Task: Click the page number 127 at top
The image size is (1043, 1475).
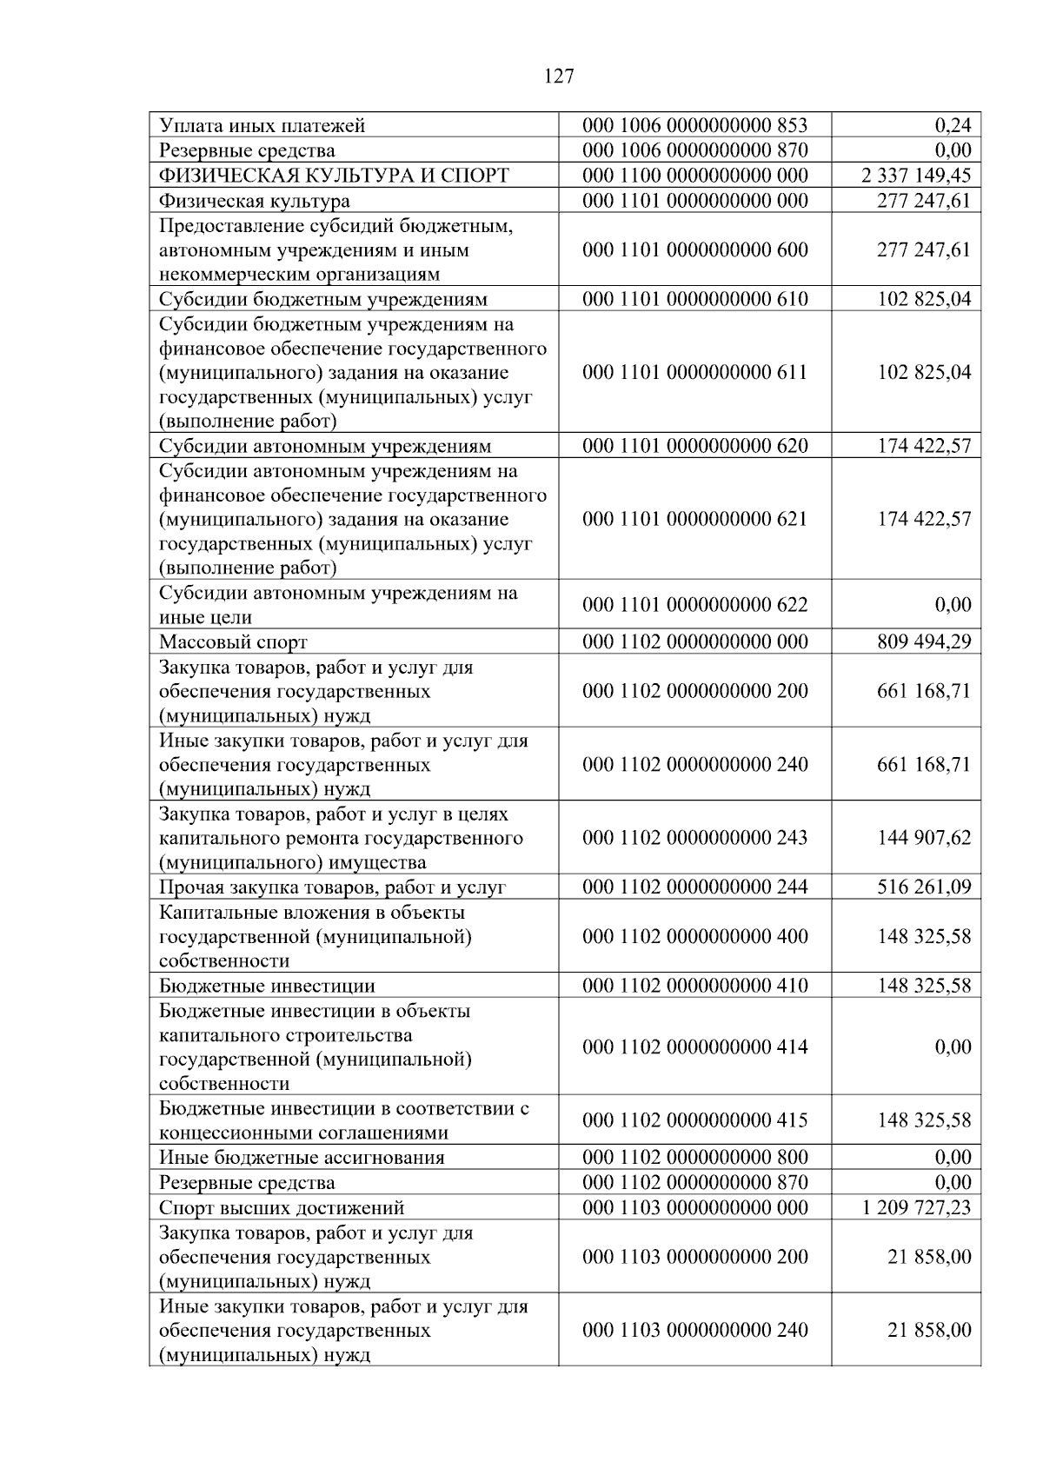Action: (x=559, y=76)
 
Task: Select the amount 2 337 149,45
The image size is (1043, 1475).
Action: (x=916, y=176)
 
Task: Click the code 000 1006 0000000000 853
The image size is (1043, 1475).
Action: (x=694, y=125)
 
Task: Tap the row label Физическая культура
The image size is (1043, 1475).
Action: (x=255, y=201)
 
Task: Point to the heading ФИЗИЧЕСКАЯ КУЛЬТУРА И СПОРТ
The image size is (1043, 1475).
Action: (x=334, y=176)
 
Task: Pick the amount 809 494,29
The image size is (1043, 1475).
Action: (x=924, y=641)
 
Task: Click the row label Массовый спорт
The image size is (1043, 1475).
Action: (x=233, y=642)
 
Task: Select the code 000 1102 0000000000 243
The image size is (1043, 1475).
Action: (x=694, y=837)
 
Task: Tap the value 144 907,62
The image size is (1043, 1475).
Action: (x=924, y=837)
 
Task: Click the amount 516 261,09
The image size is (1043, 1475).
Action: (x=924, y=887)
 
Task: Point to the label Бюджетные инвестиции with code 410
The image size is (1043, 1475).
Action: (x=267, y=986)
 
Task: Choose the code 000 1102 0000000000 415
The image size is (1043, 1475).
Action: (x=694, y=1120)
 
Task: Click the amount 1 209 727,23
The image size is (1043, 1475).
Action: (x=916, y=1207)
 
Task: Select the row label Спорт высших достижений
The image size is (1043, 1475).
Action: (x=282, y=1208)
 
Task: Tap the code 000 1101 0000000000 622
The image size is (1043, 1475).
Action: (x=694, y=604)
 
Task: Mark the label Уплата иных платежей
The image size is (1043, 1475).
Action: (x=262, y=126)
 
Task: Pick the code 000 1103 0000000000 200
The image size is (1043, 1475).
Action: (x=694, y=1256)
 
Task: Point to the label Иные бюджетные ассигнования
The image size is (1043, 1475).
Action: (x=302, y=1158)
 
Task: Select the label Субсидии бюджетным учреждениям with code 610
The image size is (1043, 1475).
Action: (x=322, y=300)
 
